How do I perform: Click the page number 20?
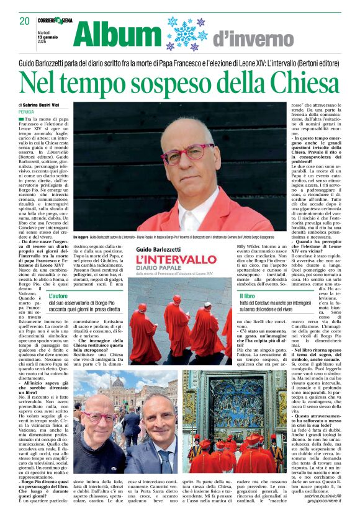(x=24, y=21)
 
